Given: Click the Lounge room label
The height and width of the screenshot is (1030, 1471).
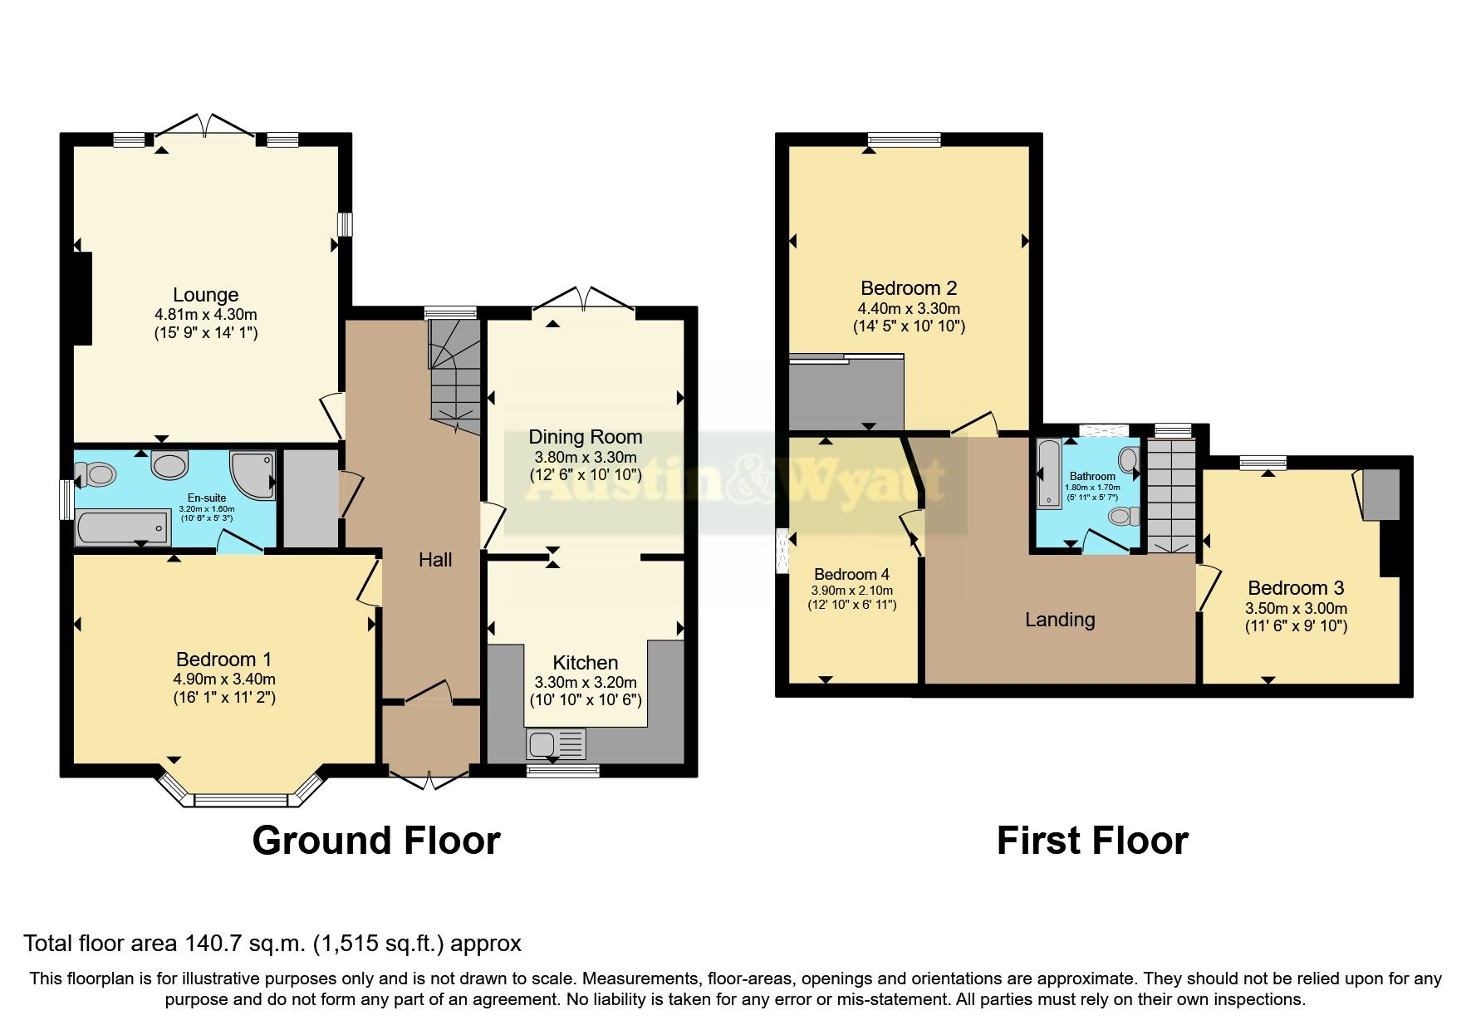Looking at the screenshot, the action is [205, 295].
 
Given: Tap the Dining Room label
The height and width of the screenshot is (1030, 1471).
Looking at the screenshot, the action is [585, 437].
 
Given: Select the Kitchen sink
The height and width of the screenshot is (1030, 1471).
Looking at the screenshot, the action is [556, 743].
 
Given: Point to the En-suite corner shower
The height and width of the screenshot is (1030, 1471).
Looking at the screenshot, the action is [252, 475].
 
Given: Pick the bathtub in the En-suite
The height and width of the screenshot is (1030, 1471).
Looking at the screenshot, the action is [122, 527].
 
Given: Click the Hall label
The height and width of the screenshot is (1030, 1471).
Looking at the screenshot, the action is [435, 560].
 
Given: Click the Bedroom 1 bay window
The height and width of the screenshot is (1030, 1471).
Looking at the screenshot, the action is [239, 791].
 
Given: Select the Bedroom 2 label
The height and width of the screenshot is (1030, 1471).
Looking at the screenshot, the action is [909, 288].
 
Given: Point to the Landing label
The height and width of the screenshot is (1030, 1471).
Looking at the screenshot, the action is [1060, 620].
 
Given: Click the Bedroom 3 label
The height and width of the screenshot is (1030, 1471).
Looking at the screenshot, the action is [1296, 588].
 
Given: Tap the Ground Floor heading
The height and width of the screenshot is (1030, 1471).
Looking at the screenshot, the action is [376, 841].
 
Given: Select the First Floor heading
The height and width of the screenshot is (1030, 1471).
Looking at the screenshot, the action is [1092, 841].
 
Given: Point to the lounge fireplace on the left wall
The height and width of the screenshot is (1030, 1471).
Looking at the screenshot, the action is [81, 297].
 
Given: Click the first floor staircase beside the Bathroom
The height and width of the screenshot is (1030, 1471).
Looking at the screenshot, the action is [1170, 496].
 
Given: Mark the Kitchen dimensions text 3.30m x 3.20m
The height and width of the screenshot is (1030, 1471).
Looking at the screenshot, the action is [586, 683].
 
